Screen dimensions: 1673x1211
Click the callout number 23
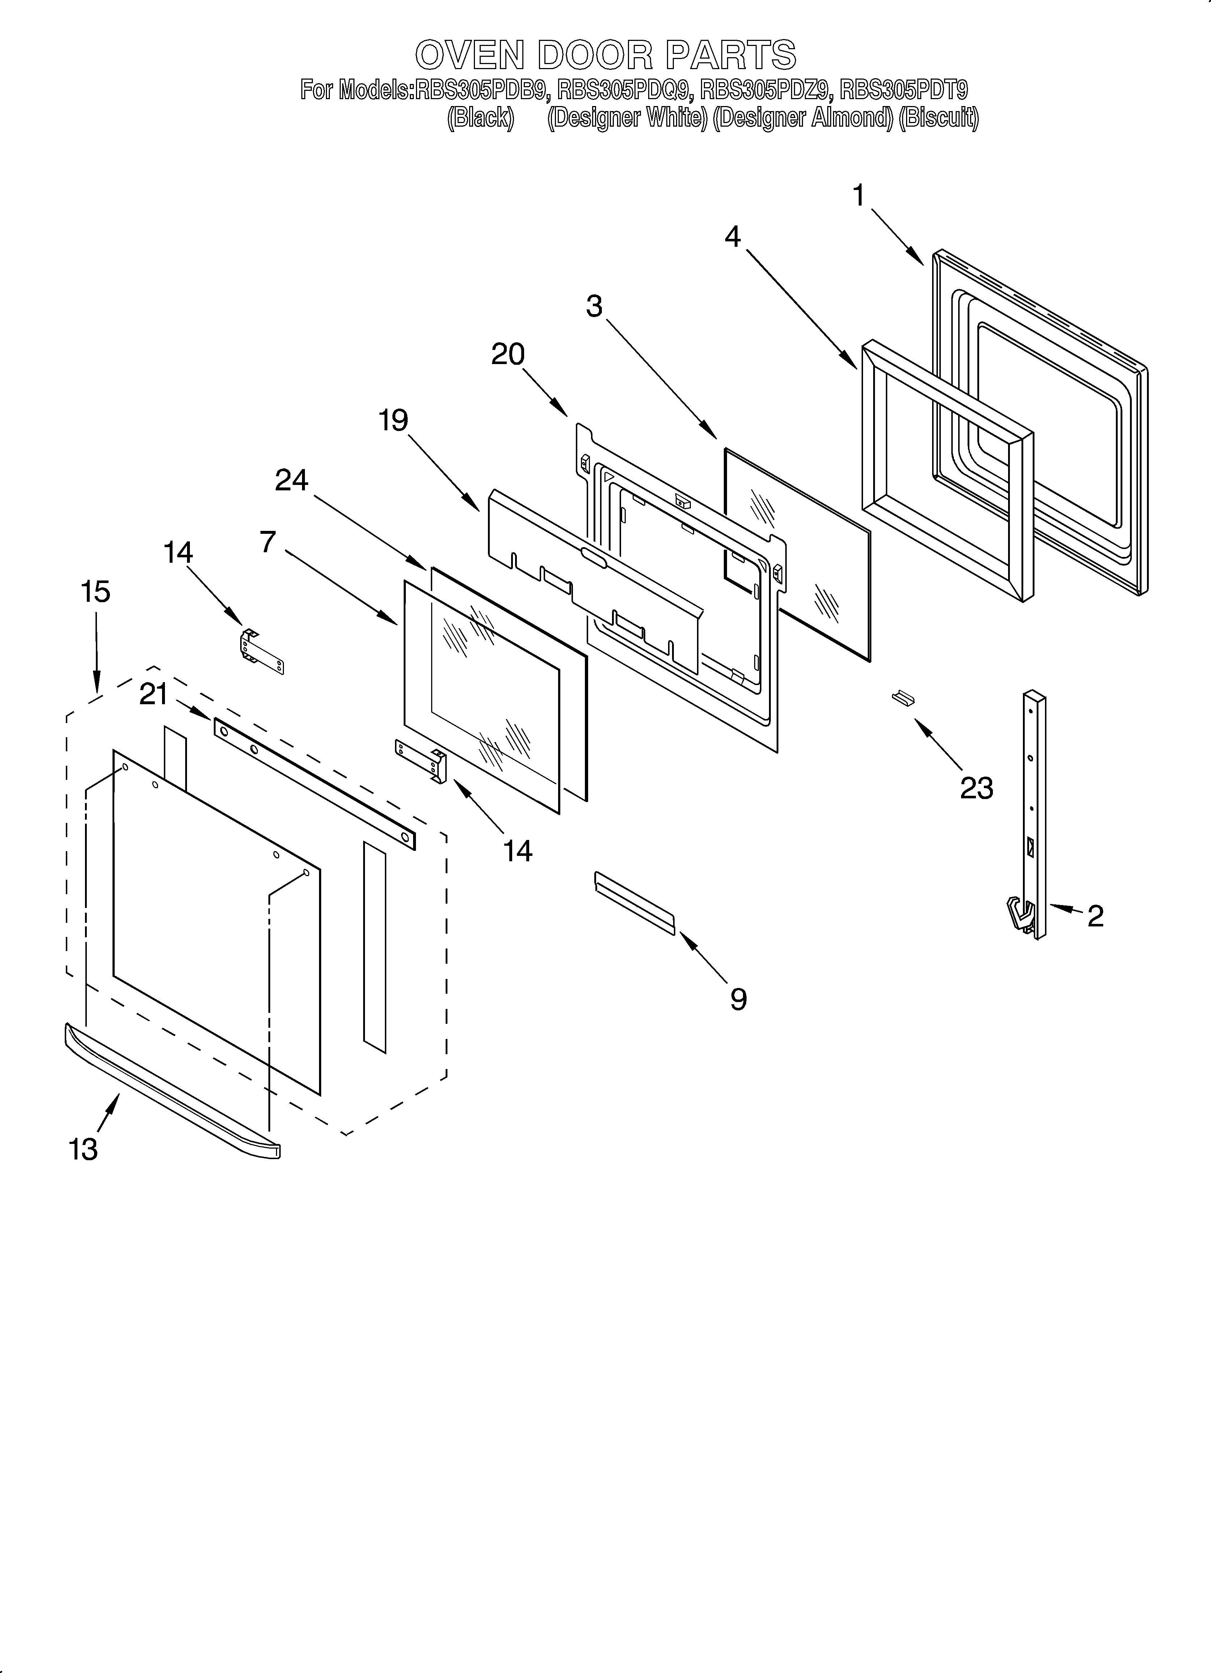click(977, 788)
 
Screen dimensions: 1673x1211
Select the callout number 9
click(738, 999)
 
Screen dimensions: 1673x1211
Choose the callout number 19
click(393, 420)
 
